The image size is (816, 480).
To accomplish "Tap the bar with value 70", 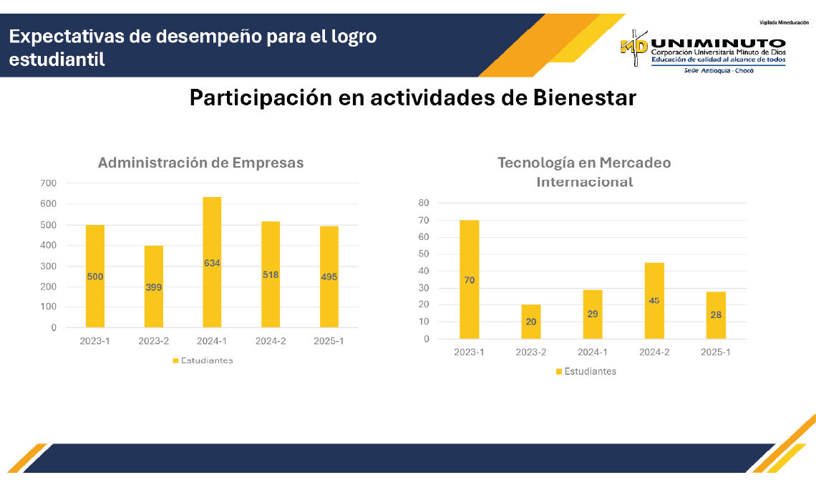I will tap(469, 279).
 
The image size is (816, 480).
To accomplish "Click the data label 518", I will tap(271, 274).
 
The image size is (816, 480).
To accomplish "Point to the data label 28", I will tap(716, 315).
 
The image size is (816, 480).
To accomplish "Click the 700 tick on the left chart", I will tap(48, 183).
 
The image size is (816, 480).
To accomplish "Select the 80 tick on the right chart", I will tap(423, 203).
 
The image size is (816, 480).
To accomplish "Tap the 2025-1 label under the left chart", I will tap(329, 341).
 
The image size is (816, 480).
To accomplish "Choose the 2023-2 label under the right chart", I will tap(530, 352).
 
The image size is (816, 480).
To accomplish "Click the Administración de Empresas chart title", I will tap(200, 163).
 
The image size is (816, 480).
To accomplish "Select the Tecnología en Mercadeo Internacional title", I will tap(584, 172).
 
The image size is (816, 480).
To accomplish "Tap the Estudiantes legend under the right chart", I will tap(586, 371).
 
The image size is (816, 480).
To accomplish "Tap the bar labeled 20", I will tap(530, 322).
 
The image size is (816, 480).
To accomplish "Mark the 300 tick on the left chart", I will tap(48, 266).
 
